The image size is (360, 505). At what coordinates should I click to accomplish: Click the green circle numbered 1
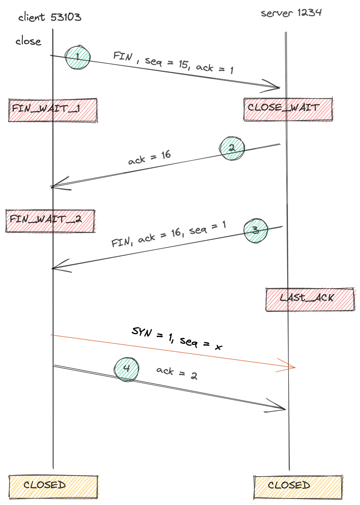pos(78,57)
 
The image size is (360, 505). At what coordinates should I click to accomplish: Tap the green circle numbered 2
pos(232,148)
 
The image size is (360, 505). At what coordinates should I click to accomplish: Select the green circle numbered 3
pos(256,230)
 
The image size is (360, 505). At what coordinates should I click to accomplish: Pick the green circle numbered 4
pos(126,369)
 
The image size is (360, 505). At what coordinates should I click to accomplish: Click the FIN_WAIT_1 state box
pos(53,110)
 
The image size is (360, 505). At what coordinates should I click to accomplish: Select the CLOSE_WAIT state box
pos(288,109)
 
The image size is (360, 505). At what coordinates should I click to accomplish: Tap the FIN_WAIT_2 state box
pos(50,221)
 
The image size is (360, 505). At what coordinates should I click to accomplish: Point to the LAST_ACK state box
pos(310,299)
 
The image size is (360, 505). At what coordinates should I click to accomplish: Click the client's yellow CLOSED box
pos(53,487)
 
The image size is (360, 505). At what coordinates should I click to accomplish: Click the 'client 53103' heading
pos(50,17)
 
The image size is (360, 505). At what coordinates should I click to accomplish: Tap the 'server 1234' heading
pos(291,13)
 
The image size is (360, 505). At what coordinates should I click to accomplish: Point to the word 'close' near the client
pos(28,41)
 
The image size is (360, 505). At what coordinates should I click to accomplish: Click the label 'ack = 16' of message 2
pos(149,157)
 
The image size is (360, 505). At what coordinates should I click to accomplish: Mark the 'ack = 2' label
pos(177,373)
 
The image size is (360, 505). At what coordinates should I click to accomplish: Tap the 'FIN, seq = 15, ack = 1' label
pos(173,63)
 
